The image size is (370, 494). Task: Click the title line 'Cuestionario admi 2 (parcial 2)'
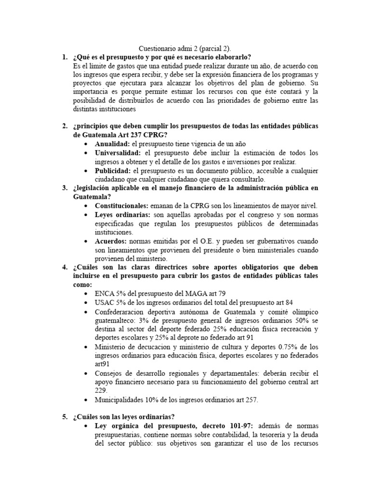(185, 49)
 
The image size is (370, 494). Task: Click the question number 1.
(64, 57)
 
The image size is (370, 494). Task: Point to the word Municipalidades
(120, 400)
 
